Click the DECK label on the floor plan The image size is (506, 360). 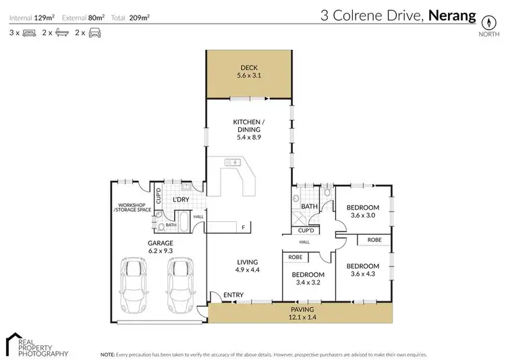[x=249, y=67]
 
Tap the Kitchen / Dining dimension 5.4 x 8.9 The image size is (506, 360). [x=248, y=137]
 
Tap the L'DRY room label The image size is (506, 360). [x=181, y=200]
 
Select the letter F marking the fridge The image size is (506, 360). [x=242, y=227]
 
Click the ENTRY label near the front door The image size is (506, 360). [x=233, y=295]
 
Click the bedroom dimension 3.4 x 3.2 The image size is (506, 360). [x=307, y=283]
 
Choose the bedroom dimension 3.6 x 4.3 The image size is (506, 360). [x=365, y=274]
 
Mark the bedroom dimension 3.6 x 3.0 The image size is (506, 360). [x=365, y=216]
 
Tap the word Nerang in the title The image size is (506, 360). [x=452, y=15]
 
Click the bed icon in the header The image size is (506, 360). [x=29, y=32]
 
